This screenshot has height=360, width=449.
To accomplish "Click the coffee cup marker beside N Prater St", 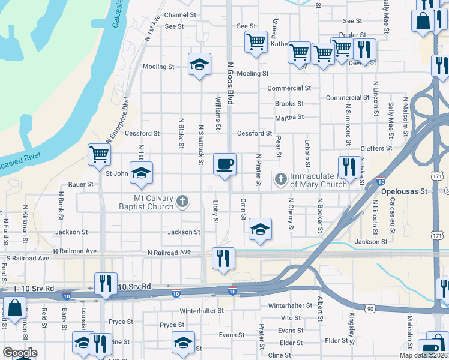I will [x=224, y=164].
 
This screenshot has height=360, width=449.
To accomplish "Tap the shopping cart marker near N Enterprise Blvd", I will [x=99, y=155].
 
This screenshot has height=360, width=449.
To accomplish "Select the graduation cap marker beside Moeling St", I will [x=200, y=65].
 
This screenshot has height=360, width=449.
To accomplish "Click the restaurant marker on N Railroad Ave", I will [x=223, y=259].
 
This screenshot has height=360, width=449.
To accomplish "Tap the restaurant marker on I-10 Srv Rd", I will [x=106, y=283].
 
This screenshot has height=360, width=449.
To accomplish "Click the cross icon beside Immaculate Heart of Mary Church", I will [x=280, y=179].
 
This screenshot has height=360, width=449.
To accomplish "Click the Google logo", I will [x=20, y=352].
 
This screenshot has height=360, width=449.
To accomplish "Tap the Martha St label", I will [x=289, y=117].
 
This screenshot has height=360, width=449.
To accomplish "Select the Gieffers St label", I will [x=376, y=148].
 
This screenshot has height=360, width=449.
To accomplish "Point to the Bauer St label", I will [x=81, y=184].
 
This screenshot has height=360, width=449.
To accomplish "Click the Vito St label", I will [x=291, y=318].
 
